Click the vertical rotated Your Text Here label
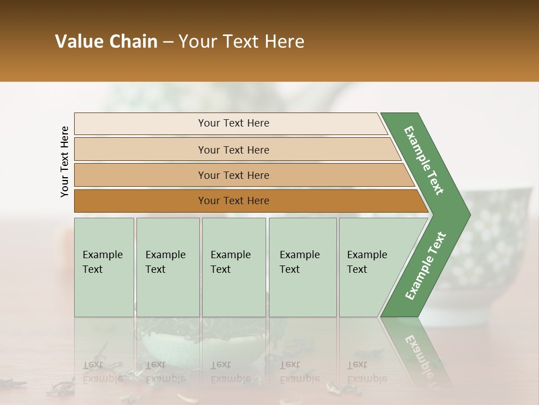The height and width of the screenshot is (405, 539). tap(65, 161)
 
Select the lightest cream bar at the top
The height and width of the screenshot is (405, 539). tap(230, 123)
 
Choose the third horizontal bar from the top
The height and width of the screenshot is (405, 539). tap(241, 175)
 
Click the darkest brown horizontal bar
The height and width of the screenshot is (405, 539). tap(247, 201)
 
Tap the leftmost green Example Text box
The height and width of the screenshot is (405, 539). tap(104, 267)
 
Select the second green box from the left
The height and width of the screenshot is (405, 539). tap(168, 267)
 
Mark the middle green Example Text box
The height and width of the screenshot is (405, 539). tap(234, 267)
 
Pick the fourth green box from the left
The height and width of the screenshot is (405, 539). tap(303, 267)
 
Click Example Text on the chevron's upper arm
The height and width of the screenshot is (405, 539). tap(424, 160)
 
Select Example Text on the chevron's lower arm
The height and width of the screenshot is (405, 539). tap(426, 265)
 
